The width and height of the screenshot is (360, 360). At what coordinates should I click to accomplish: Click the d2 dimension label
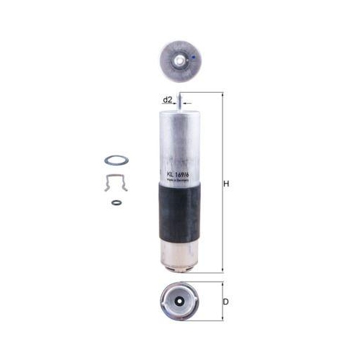click(166, 99)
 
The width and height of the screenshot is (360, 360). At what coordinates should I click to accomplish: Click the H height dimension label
click(225, 184)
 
